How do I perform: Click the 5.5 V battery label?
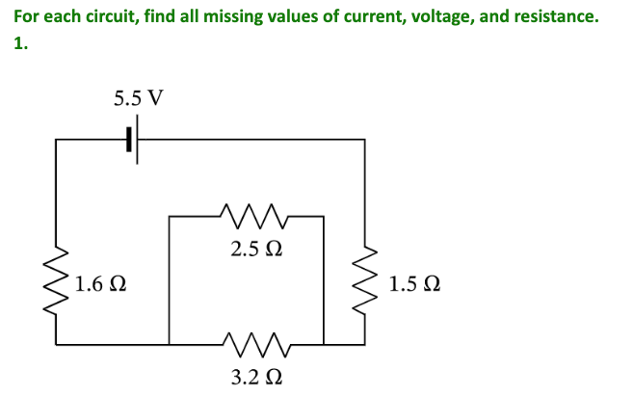[x=138, y=98]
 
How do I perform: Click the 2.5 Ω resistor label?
[x=257, y=249]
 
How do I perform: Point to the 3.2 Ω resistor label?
[x=257, y=375]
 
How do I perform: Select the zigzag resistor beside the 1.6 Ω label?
[x=56, y=280]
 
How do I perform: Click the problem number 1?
[x=19, y=44]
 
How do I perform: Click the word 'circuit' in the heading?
[x=107, y=17]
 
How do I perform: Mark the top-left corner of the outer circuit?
[x=56, y=141]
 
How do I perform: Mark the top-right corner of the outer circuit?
[x=364, y=141]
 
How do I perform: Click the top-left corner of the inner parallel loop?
[x=170, y=218]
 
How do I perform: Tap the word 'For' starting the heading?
[x=27, y=17]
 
